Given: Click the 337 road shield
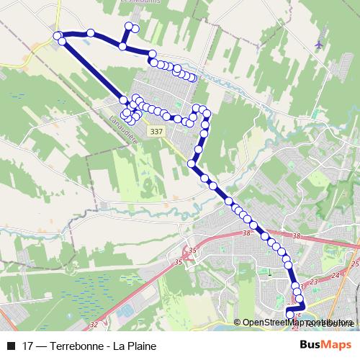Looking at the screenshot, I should point(158,132).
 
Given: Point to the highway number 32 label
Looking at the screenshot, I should point(92,325).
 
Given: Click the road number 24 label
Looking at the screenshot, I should point(334,276).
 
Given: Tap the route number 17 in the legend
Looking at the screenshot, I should point(29,345).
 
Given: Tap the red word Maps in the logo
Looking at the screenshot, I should point(338,344).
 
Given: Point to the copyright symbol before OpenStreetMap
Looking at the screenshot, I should point(238,322).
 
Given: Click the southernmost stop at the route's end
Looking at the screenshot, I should point(290,314).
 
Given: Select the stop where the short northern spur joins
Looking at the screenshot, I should point(123,47).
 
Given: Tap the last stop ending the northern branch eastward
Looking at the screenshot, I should point(193,78).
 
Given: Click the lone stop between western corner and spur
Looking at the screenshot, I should point(91,32).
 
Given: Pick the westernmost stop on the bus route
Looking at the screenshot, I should point(57,35).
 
